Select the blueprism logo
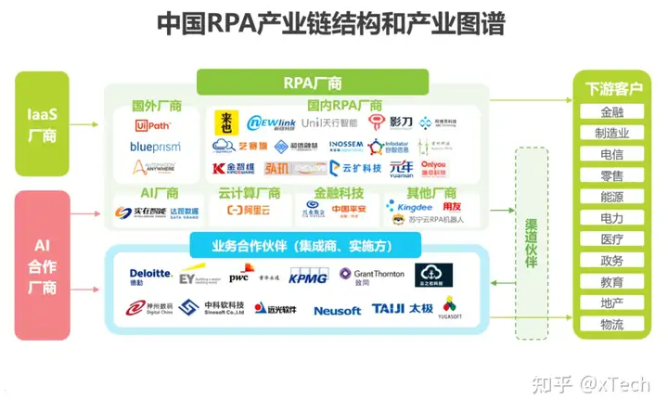[155, 147]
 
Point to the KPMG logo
[308, 276]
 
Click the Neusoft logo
[337, 311]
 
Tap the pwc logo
[239, 275]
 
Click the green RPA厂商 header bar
[312, 83]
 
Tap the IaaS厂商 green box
[41, 123]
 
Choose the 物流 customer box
[611, 325]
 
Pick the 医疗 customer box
[611, 239]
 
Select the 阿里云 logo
[249, 211]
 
